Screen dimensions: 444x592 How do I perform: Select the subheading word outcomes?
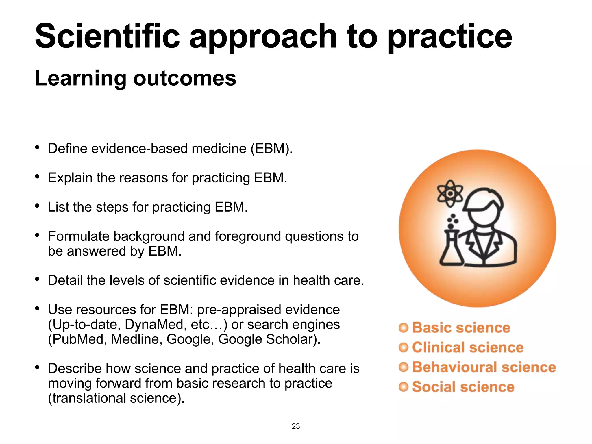(x=184, y=78)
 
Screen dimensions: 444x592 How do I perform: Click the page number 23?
(x=296, y=426)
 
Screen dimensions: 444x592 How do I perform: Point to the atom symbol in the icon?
(x=450, y=193)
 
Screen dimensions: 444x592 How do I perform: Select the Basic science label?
(x=461, y=328)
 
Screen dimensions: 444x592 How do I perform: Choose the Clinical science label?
(x=467, y=347)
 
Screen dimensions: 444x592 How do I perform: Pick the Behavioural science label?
(x=484, y=367)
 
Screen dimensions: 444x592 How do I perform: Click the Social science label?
(x=463, y=387)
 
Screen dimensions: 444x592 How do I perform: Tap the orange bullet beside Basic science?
(x=403, y=328)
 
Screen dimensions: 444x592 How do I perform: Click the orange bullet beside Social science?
(x=403, y=387)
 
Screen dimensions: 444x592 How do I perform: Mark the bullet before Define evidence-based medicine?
(x=37, y=147)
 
